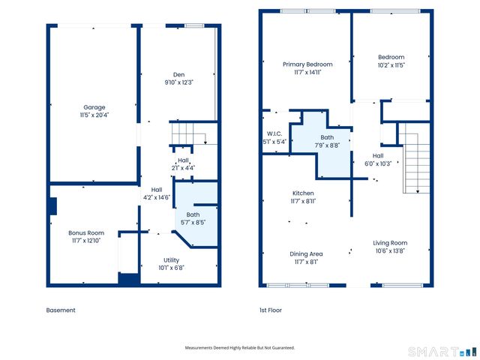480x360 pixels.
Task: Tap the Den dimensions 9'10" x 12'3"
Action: coord(179,82)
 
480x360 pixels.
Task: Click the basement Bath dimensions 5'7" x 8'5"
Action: coord(193,223)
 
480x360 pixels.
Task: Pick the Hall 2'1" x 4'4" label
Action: coord(183,164)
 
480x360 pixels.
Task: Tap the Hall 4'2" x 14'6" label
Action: coord(157,193)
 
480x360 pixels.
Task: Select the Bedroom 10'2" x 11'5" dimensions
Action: coord(391,65)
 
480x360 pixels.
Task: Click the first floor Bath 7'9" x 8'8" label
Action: coord(327,142)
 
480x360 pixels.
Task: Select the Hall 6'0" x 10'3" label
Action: coord(378,160)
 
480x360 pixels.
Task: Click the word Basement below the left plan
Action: coord(61,310)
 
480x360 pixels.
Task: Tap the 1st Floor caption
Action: coord(271,310)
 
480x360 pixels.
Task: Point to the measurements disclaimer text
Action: coord(240,348)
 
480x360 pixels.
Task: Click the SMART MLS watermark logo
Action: coord(442,352)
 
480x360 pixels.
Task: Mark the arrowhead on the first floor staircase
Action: coord(418,191)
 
